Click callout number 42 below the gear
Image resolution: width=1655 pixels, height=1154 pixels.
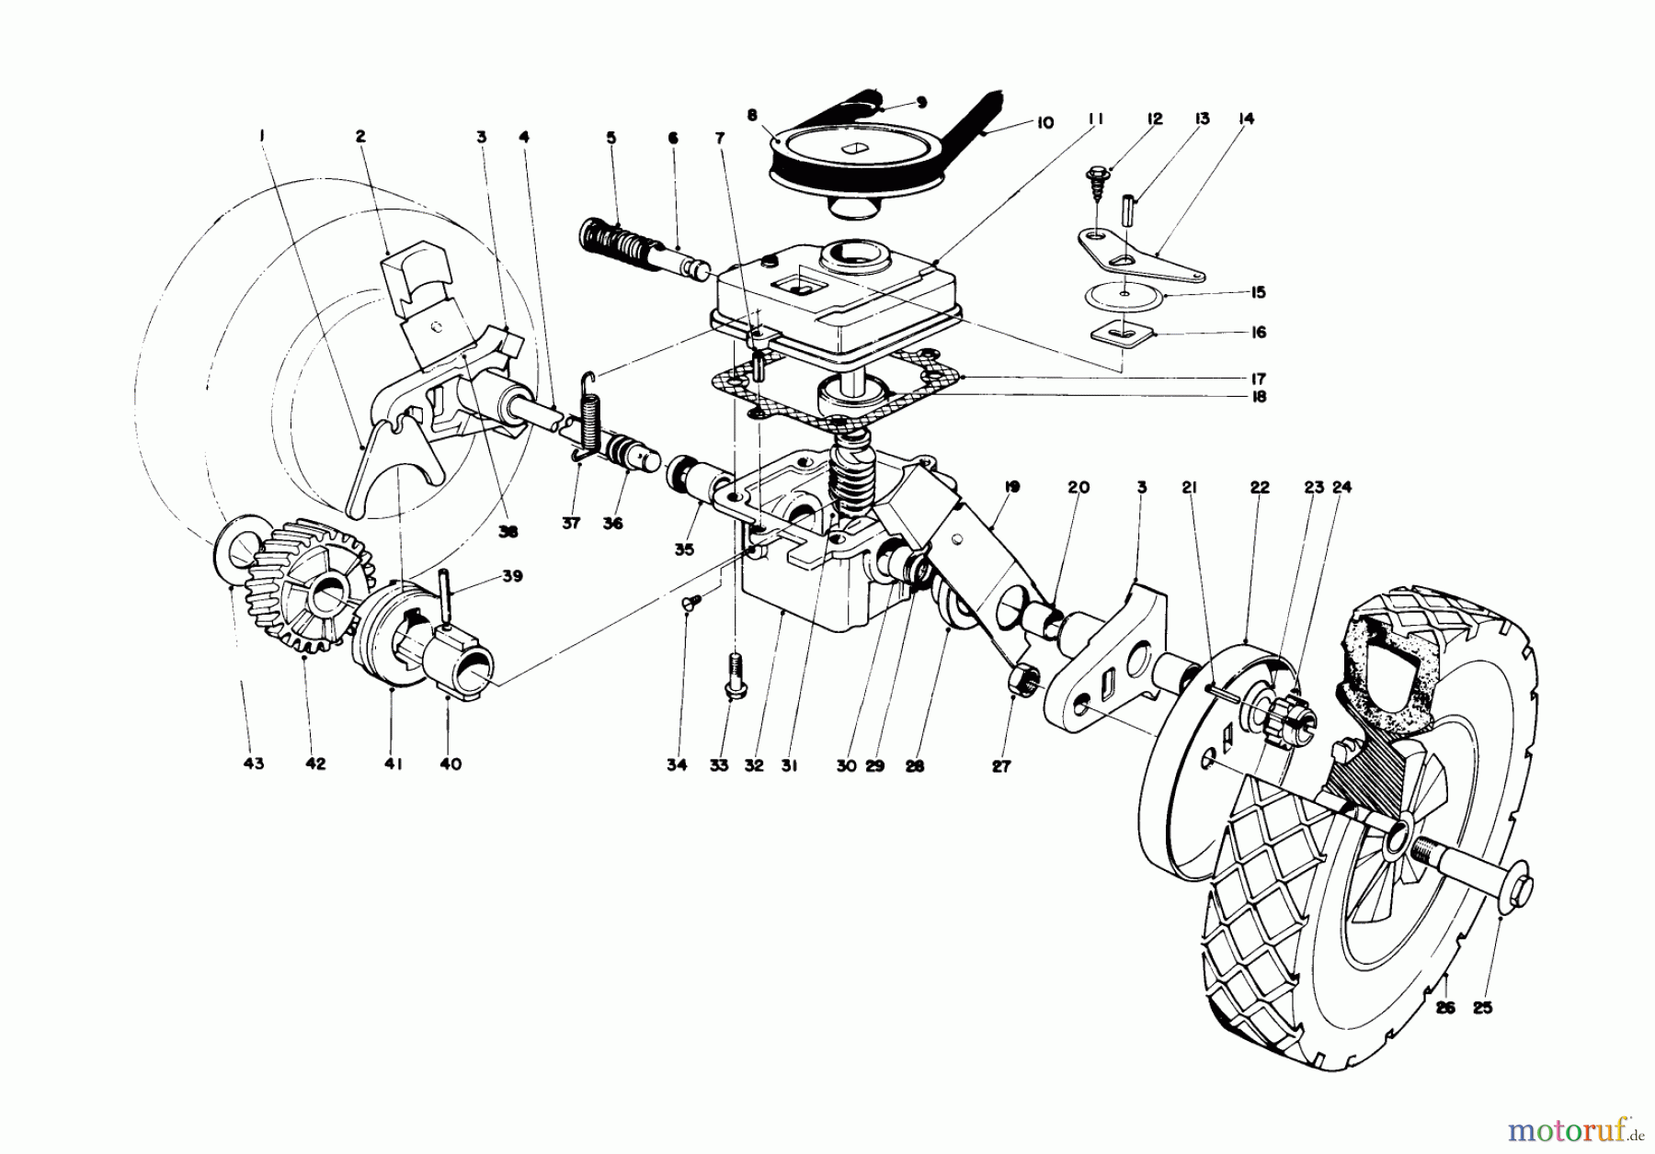click(314, 764)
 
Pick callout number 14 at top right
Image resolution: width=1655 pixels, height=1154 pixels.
click(1247, 119)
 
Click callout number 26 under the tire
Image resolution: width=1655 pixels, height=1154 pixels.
click(1445, 1007)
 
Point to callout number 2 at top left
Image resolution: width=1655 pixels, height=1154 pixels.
click(360, 136)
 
